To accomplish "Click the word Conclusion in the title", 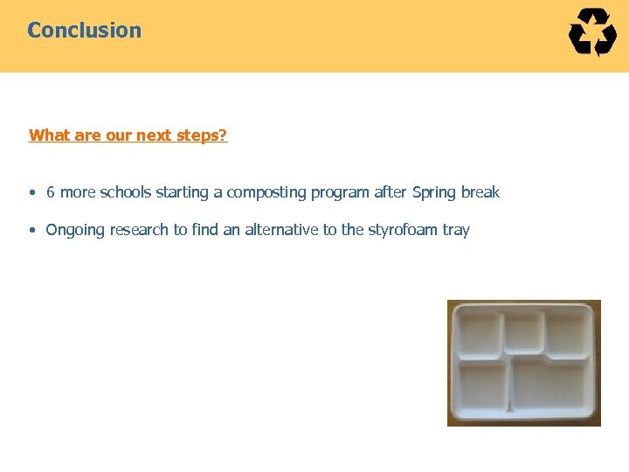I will click(x=84, y=30).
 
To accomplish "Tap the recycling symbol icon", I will click(x=592, y=32).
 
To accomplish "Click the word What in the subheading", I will click(x=48, y=135).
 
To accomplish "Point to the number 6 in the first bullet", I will click(x=51, y=192).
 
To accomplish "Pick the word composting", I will click(x=266, y=192).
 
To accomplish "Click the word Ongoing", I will click(x=75, y=230).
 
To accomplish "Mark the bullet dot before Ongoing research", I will click(x=31, y=231).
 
